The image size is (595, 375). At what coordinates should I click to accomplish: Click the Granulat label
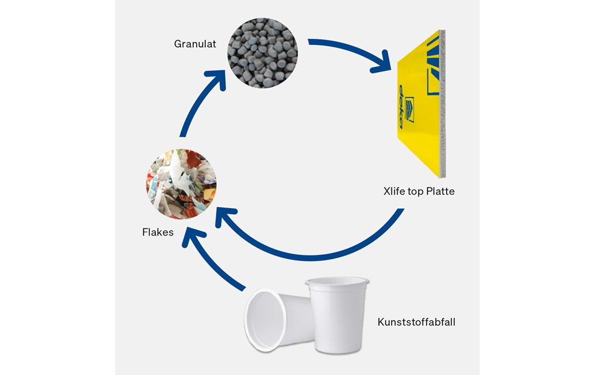195,44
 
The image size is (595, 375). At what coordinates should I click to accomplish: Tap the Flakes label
157,232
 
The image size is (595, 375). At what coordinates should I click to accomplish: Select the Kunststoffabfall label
416,322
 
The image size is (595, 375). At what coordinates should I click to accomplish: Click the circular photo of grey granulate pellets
262,52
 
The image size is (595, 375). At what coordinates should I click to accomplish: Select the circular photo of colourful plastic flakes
182,184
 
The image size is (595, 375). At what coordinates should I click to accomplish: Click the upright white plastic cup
338,314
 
